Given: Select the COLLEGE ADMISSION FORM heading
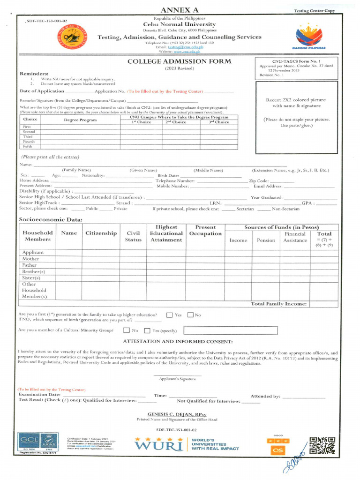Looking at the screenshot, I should tap(179, 61).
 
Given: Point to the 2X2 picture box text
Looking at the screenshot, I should tap(295, 103).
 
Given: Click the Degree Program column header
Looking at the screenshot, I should tap(80, 120).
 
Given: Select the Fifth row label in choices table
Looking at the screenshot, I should tap(29, 146).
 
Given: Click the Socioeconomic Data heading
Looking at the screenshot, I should tap(51, 219).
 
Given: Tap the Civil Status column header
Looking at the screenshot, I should tap(133, 236).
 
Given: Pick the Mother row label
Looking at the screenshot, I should tap(31, 259).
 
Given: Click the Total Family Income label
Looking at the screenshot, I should tap(279, 304).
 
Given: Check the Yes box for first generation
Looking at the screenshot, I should tap(170, 315).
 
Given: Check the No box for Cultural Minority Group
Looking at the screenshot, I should tap(127, 330).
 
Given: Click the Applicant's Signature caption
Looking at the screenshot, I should tap(177, 379).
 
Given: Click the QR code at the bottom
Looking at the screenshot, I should tap(322, 445).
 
